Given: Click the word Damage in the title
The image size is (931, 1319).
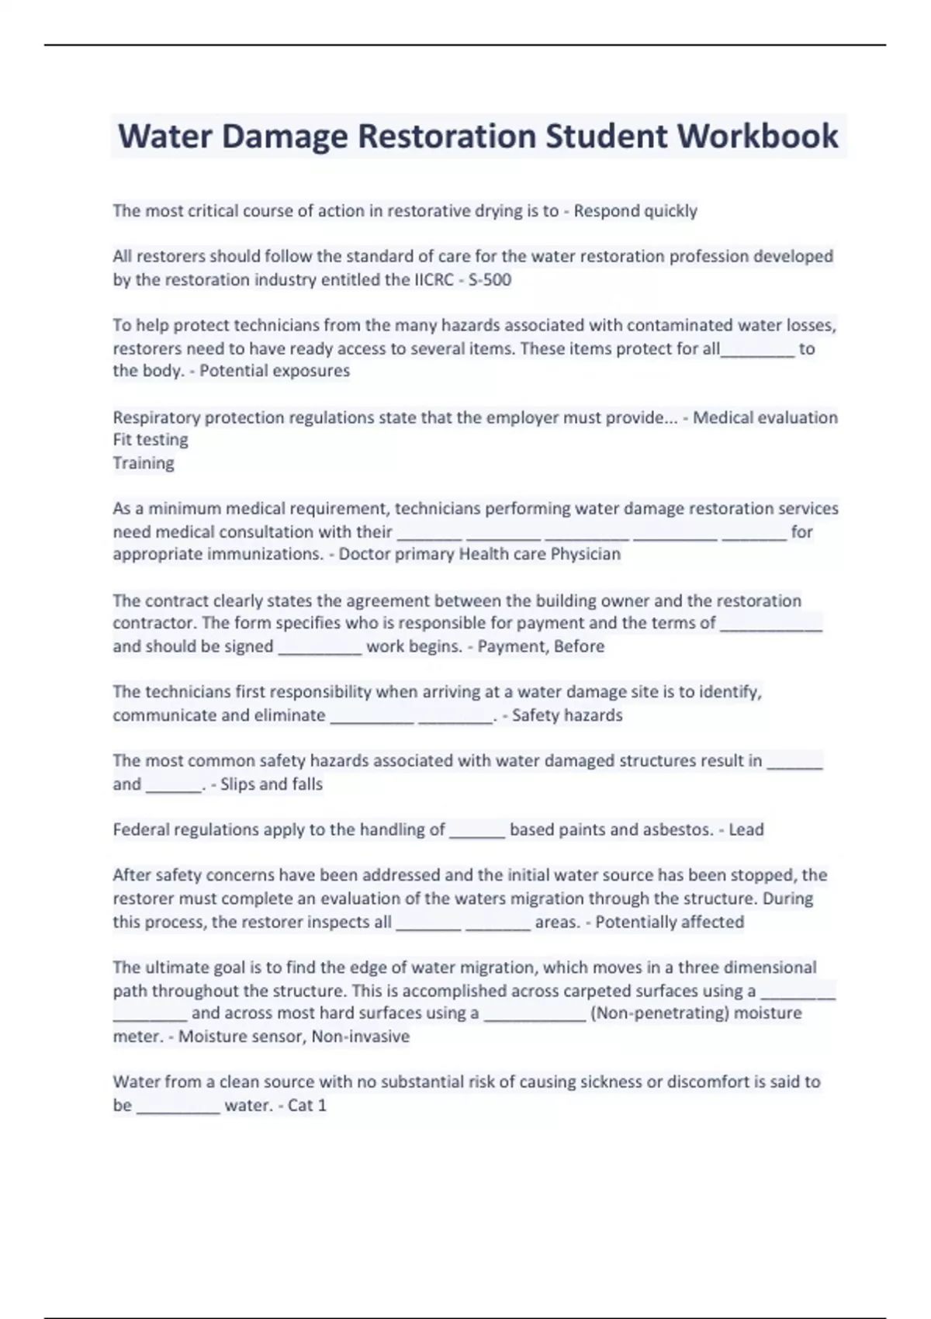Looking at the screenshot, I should (x=285, y=137).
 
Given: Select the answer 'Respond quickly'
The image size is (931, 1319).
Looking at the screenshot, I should (x=635, y=211).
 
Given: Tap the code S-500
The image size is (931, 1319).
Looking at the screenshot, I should (x=490, y=279).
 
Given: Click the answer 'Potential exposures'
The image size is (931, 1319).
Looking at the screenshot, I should (x=275, y=371).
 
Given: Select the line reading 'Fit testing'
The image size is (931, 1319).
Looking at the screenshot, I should (x=151, y=440).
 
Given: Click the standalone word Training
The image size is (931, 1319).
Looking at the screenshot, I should (x=144, y=463).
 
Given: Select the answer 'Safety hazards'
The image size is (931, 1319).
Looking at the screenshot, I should (x=567, y=715).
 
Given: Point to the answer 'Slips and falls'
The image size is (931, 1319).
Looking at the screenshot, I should (x=272, y=784).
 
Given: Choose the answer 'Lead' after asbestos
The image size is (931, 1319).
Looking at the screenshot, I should (x=746, y=829).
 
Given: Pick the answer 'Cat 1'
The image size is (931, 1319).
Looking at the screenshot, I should (x=307, y=1105).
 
